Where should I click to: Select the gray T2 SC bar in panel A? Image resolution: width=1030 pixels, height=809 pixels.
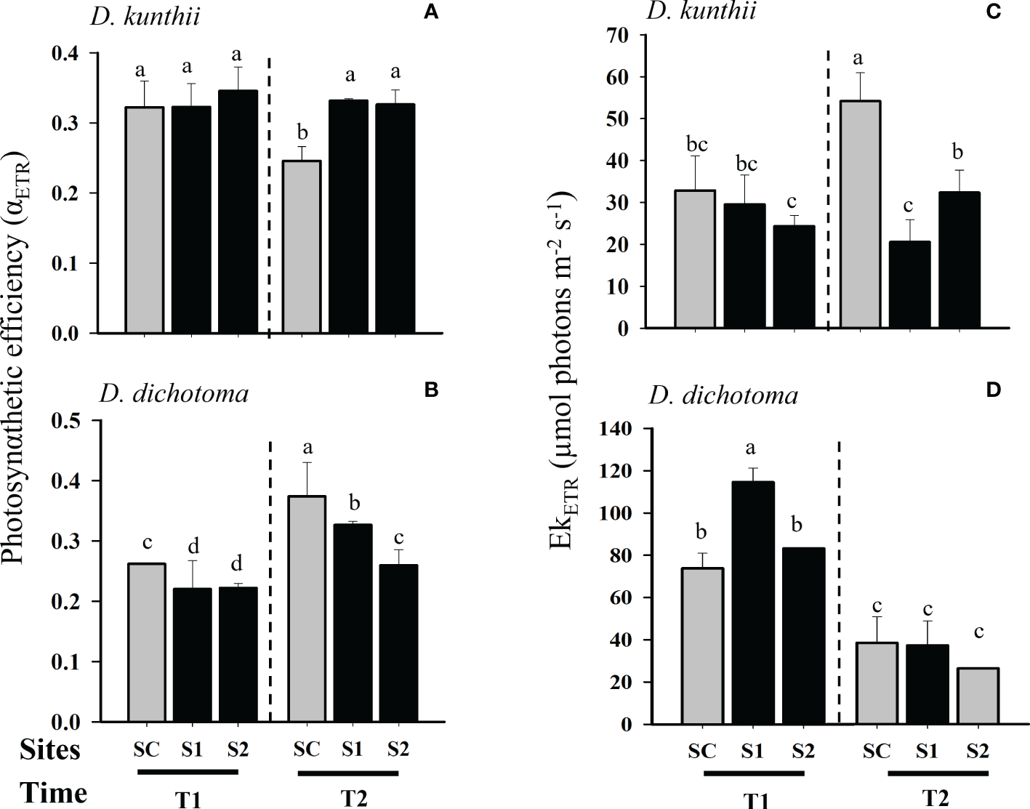(302, 247)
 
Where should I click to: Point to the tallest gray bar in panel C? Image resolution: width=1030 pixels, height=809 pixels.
(860, 214)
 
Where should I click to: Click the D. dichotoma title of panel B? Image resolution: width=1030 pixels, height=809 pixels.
(174, 393)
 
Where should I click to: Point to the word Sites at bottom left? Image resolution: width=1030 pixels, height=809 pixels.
(50, 749)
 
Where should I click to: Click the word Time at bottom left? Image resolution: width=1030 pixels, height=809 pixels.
(53, 793)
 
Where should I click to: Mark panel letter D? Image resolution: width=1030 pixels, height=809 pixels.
(993, 390)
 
